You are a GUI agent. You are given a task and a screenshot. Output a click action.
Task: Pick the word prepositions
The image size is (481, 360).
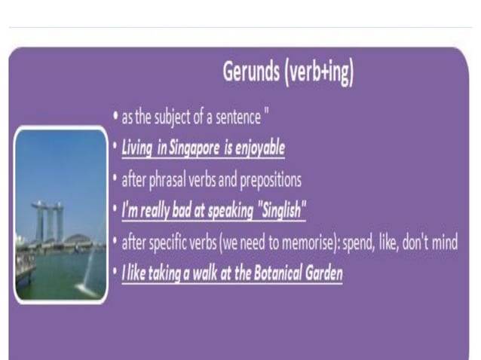point(268,180)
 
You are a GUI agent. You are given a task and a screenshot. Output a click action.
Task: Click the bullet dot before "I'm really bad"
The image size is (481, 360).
point(114,211)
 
